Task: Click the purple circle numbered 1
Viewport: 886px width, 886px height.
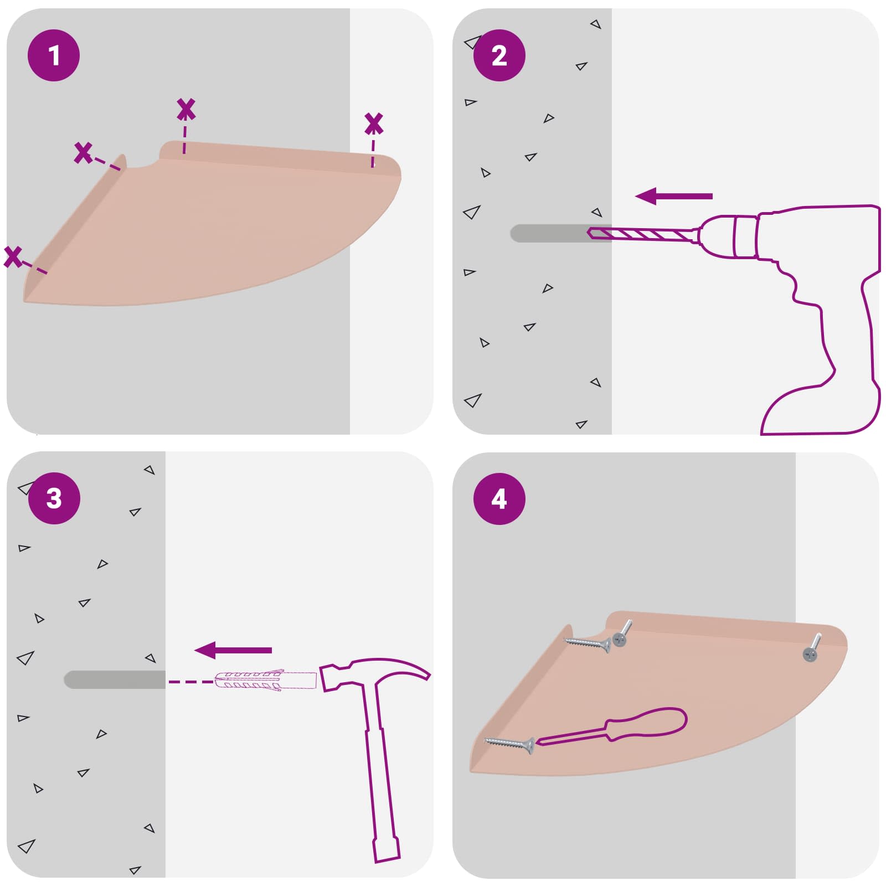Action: tap(54, 55)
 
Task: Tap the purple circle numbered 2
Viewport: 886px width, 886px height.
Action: tap(499, 55)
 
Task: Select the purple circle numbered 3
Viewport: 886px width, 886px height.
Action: tap(54, 498)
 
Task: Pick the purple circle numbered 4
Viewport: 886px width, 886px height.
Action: tap(499, 498)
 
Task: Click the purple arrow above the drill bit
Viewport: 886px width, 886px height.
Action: tap(673, 196)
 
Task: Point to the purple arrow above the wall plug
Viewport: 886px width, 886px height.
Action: tap(233, 650)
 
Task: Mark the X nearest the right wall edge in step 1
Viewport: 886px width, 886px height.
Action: tap(374, 123)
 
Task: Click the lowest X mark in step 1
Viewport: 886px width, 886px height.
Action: tap(13, 257)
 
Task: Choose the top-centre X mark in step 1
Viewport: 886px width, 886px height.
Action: tap(186, 109)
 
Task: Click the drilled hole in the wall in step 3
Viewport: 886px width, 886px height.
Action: tap(115, 680)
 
